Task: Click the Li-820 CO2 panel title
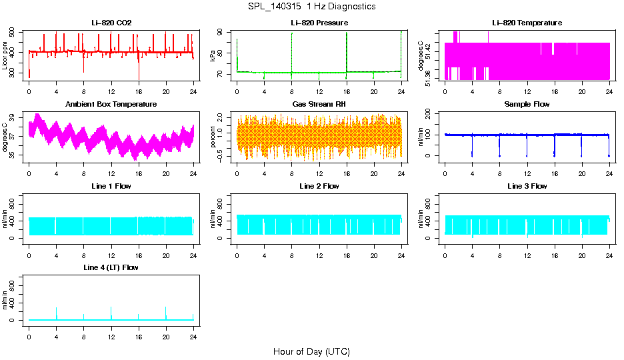pyautogui.click(x=111, y=23)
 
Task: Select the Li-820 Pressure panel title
pyautogui.click(x=319, y=23)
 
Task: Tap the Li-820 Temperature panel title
pyautogui.click(x=527, y=23)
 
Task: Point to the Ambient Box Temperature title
pyautogui.click(x=111, y=105)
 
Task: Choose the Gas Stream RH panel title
pyautogui.click(x=319, y=105)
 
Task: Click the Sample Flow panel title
pyautogui.click(x=527, y=105)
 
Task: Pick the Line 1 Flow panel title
pyautogui.click(x=111, y=186)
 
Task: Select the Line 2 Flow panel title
pyautogui.click(x=319, y=186)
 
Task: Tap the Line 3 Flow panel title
pyautogui.click(x=527, y=186)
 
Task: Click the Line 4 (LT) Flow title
pyautogui.click(x=111, y=267)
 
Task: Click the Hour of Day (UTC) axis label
pyautogui.click(x=311, y=351)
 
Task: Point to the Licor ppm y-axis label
pyautogui.click(x=6, y=55)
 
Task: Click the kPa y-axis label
pyautogui.click(x=213, y=55)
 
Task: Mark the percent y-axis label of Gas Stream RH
pyautogui.click(x=213, y=137)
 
